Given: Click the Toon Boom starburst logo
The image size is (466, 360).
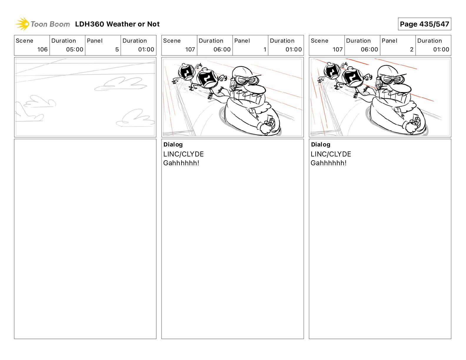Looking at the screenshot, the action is pos(22,24).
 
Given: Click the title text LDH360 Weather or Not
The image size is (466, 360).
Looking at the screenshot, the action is pos(117,24).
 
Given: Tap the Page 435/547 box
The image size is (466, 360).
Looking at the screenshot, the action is pos(425,24).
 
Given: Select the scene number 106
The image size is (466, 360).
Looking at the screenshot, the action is pos(42,49).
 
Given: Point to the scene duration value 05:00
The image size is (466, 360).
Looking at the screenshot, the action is pos(75,49).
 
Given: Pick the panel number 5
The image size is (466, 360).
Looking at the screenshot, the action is pos(117,49).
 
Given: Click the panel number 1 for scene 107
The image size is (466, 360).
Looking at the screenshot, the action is pos(265,49).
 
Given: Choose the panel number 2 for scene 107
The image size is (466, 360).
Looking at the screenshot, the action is pos(412,49).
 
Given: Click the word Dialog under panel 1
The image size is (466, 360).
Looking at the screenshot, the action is pos(173,144).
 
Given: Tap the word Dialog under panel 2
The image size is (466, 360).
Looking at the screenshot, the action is pos(320,144).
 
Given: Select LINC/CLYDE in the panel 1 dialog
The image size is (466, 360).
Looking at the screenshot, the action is pos(183,154).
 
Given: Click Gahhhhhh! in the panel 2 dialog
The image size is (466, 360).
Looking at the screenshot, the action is pos(329,163).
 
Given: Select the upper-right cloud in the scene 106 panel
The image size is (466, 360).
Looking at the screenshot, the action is pos(121,84).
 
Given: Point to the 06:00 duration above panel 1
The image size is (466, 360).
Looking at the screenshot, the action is pos(222,49).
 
